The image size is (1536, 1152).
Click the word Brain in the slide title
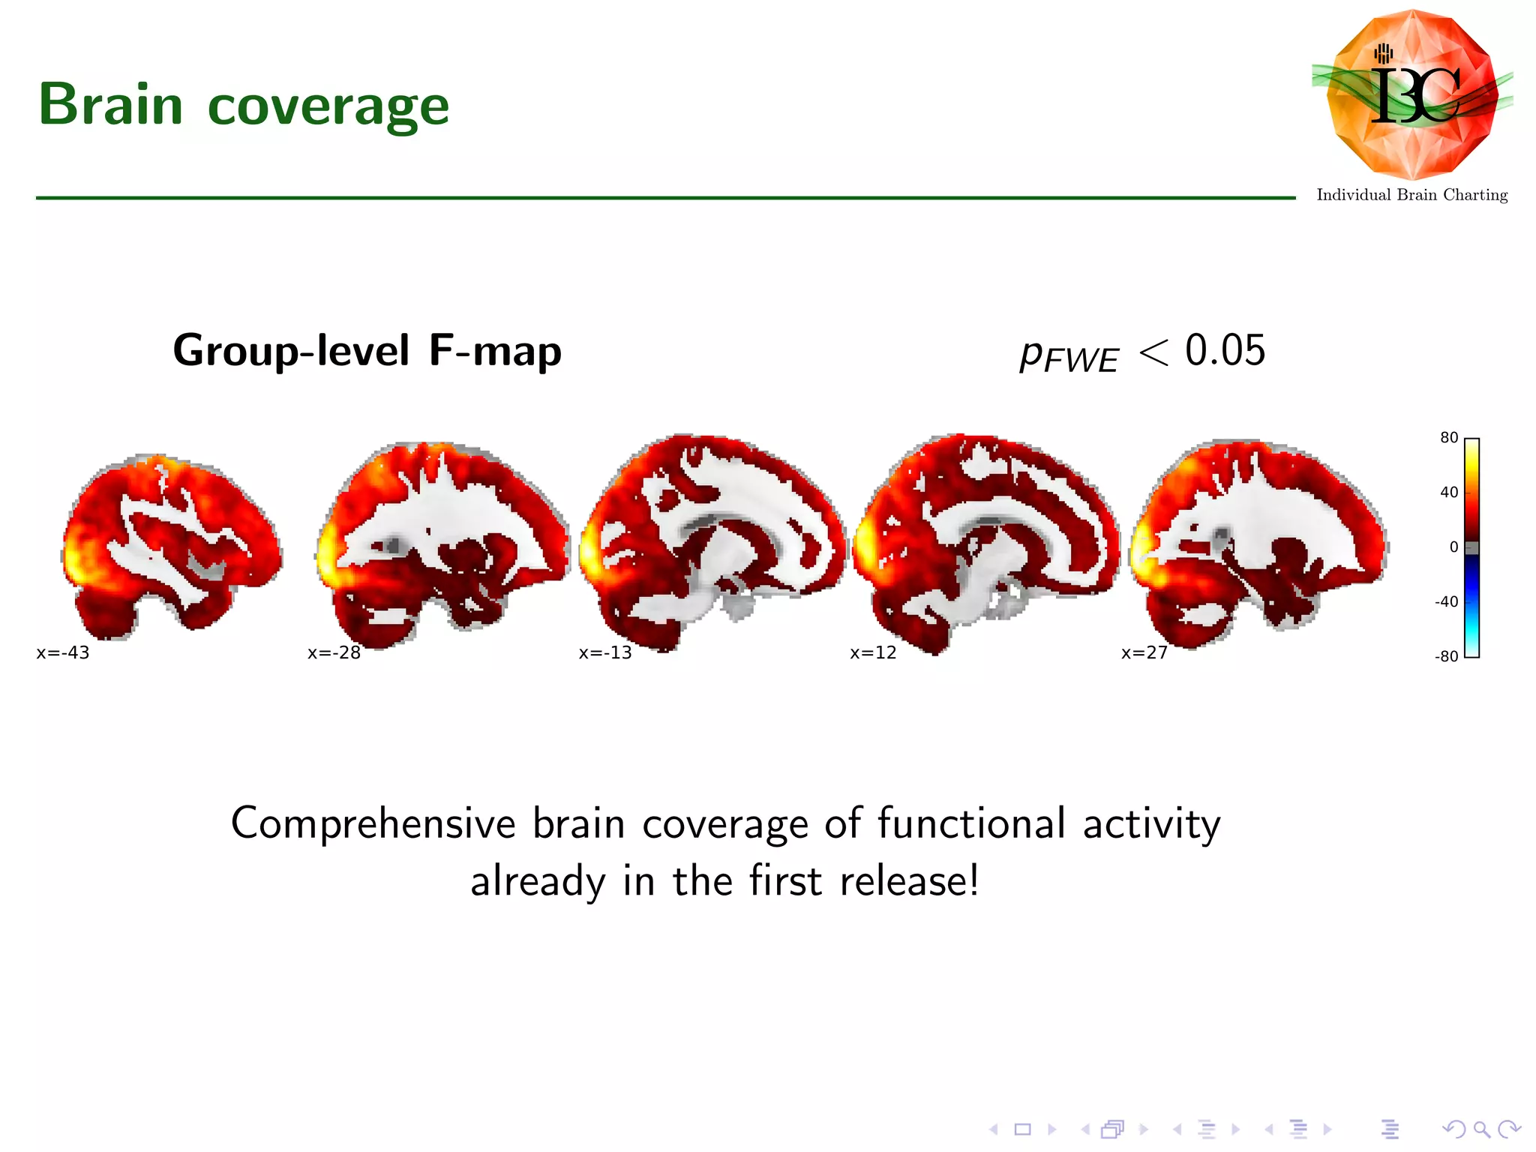[111, 104]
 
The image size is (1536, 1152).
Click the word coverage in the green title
[328, 106]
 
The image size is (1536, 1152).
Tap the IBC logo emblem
[1412, 94]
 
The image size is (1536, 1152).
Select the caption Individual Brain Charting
[1411, 195]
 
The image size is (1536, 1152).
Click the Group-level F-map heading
[367, 350]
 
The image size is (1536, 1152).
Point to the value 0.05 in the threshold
[1225, 350]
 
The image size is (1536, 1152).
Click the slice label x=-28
[334, 652]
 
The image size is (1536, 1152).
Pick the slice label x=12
[873, 652]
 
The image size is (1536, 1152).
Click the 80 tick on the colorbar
[1449, 438]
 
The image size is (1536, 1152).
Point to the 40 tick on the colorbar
[1449, 493]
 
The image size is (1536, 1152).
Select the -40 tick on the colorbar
[1446, 601]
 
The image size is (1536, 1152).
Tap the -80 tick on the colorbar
[1446, 656]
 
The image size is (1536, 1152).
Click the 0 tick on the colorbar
[1453, 547]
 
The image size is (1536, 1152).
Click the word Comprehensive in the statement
[373, 823]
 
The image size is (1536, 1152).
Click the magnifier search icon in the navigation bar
[1481, 1129]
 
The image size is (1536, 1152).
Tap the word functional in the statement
[971, 823]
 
